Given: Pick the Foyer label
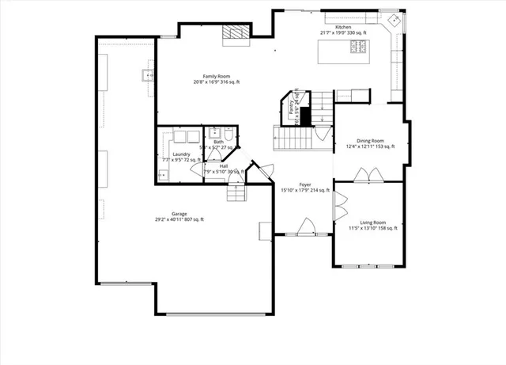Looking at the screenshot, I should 304,186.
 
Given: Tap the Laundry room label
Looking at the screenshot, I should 179,156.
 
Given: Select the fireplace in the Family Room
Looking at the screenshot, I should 234,32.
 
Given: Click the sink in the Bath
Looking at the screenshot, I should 214,133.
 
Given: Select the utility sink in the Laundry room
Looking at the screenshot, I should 162,175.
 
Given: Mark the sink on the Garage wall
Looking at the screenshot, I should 146,76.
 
